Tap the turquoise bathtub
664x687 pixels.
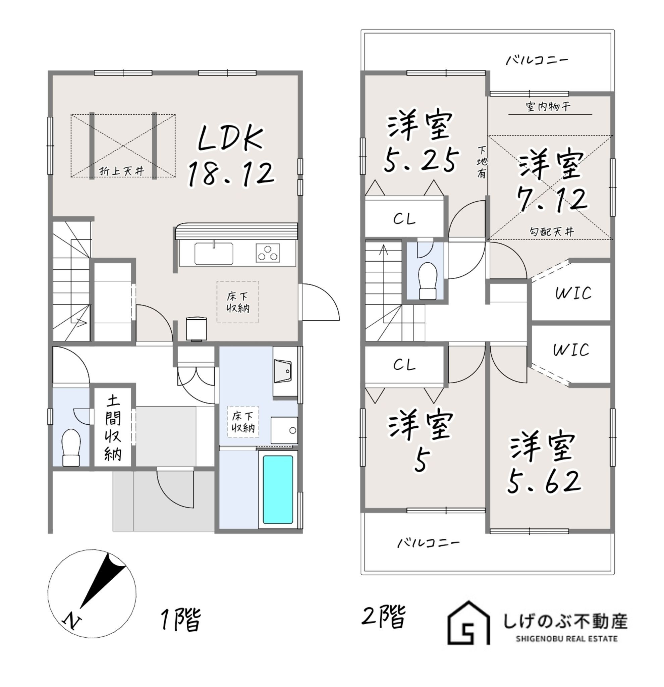[278, 489]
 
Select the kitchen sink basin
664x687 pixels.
[214, 253]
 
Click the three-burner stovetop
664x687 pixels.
[268, 253]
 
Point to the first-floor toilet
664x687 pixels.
[71, 447]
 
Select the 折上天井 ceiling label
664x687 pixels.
[122, 171]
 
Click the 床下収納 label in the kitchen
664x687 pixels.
[238, 303]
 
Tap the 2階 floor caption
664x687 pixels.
[384, 616]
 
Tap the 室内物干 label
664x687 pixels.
[549, 106]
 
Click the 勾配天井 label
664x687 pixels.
[552, 232]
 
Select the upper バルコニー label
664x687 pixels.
[537, 60]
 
